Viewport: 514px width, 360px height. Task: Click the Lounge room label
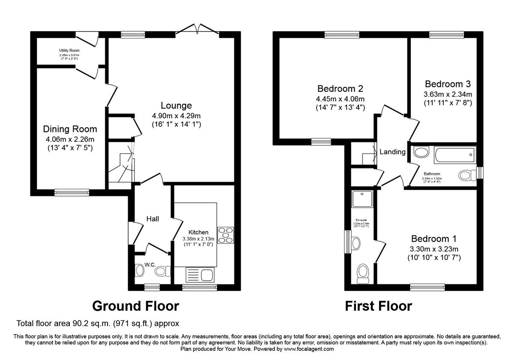point(176,105)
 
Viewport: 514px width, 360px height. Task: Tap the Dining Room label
point(70,129)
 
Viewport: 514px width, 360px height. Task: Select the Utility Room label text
point(69,51)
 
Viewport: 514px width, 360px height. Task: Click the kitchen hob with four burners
point(226,235)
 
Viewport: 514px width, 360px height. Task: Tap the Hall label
point(152,219)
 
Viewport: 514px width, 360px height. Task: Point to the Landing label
point(392,152)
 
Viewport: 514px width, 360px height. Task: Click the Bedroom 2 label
point(340,89)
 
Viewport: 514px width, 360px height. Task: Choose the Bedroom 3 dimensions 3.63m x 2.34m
point(448,94)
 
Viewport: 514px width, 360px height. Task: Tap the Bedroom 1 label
point(434,239)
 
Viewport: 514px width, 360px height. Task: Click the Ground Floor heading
point(135,306)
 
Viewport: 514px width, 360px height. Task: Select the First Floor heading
point(379,306)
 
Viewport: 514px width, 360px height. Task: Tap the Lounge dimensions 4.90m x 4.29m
point(176,116)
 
